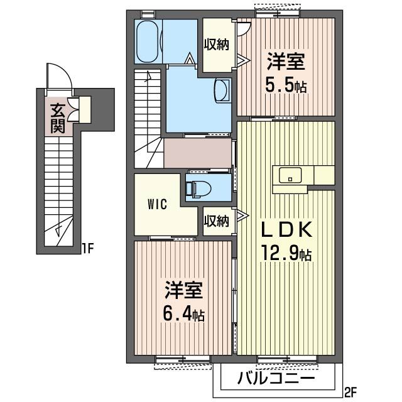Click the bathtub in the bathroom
click(147, 41)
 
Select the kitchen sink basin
click(290, 175)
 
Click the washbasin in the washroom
click(222, 90)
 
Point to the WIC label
click(158, 204)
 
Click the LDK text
click(286, 230)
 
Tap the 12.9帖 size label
click(286, 253)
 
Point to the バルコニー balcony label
click(276, 378)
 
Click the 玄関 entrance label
click(57, 119)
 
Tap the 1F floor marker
click(87, 249)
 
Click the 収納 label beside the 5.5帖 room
click(216, 45)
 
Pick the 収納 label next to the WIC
click(216, 220)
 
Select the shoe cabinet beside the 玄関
click(85, 109)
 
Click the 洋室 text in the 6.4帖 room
click(184, 290)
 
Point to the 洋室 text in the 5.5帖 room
click(286, 62)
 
